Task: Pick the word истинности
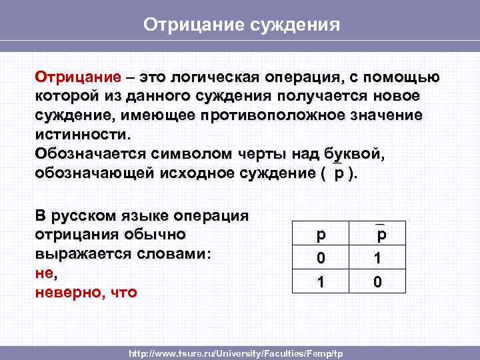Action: (x=79, y=134)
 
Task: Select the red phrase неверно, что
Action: (x=85, y=292)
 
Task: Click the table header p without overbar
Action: (x=321, y=235)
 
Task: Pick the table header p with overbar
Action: (x=380, y=235)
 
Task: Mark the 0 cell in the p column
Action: (x=321, y=258)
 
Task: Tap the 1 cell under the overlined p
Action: (x=379, y=258)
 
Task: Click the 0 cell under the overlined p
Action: (x=379, y=282)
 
